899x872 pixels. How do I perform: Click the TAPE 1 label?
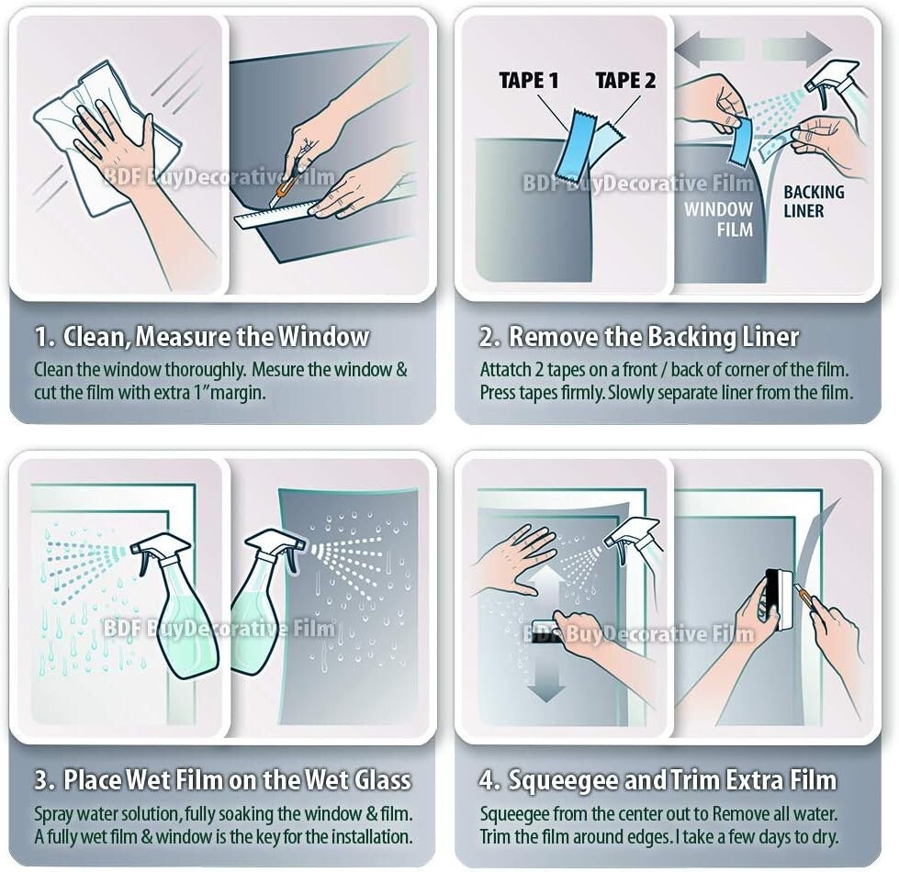528,81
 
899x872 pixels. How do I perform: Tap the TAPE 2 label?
625,81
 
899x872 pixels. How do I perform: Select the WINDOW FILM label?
718,218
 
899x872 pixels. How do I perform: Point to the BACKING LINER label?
813,201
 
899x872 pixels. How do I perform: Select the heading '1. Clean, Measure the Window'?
202,337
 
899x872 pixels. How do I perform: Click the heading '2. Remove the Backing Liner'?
639,337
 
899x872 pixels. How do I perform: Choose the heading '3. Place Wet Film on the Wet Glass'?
222,780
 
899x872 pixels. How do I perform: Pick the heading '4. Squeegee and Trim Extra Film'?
657,780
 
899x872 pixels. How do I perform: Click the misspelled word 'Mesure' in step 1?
276,370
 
